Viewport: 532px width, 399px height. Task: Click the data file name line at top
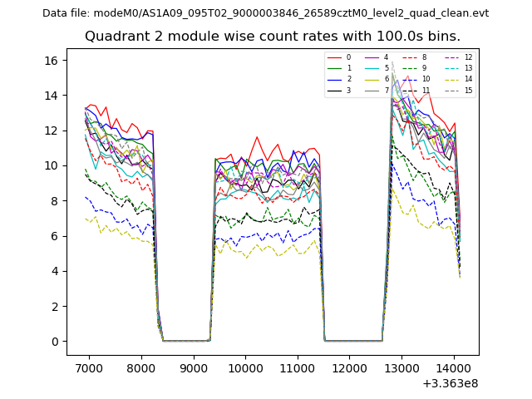point(265,13)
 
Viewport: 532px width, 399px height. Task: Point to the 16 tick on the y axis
point(51,61)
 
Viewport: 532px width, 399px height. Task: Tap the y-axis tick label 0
point(54,342)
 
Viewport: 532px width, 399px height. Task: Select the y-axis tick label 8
point(54,201)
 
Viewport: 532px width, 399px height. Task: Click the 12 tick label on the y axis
point(51,131)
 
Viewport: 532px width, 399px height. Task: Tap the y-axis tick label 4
point(54,271)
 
